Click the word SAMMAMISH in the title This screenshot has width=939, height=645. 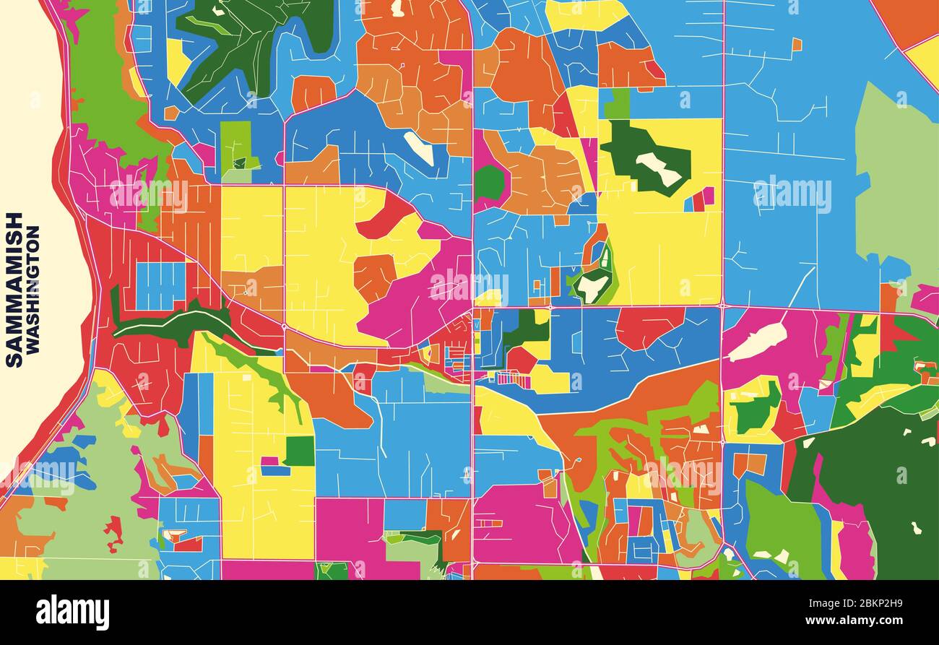[x=14, y=289]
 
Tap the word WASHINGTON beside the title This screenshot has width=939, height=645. [x=33, y=289]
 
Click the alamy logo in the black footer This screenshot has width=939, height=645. [x=72, y=612]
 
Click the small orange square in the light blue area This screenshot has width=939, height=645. [x=796, y=44]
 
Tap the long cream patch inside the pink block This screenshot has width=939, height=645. [x=756, y=342]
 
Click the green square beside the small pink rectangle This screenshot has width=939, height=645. [x=299, y=451]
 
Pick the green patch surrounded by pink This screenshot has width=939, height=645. [x=488, y=183]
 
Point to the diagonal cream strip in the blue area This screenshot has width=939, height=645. [x=418, y=149]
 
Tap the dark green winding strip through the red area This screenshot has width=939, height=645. [x=173, y=320]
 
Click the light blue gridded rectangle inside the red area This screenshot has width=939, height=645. [x=160, y=286]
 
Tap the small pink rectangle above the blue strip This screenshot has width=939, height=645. [x=269, y=461]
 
